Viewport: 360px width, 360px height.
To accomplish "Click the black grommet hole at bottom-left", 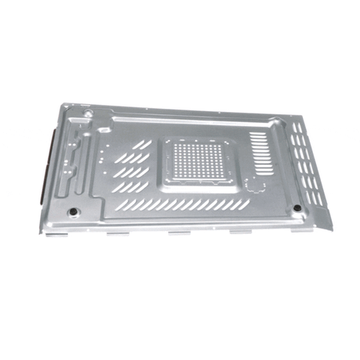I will pyautogui.click(x=73, y=211).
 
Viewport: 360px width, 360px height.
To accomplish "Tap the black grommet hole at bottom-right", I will pyautogui.click(x=297, y=207).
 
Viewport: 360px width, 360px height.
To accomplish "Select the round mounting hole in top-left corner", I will pyautogui.click(x=88, y=114).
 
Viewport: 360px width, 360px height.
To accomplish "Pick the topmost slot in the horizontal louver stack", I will pyautogui.click(x=259, y=133).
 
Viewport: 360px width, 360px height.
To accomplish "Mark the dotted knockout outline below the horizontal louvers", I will pyautogui.click(x=256, y=183).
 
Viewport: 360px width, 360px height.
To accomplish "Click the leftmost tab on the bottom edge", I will pyautogui.click(x=117, y=232).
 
